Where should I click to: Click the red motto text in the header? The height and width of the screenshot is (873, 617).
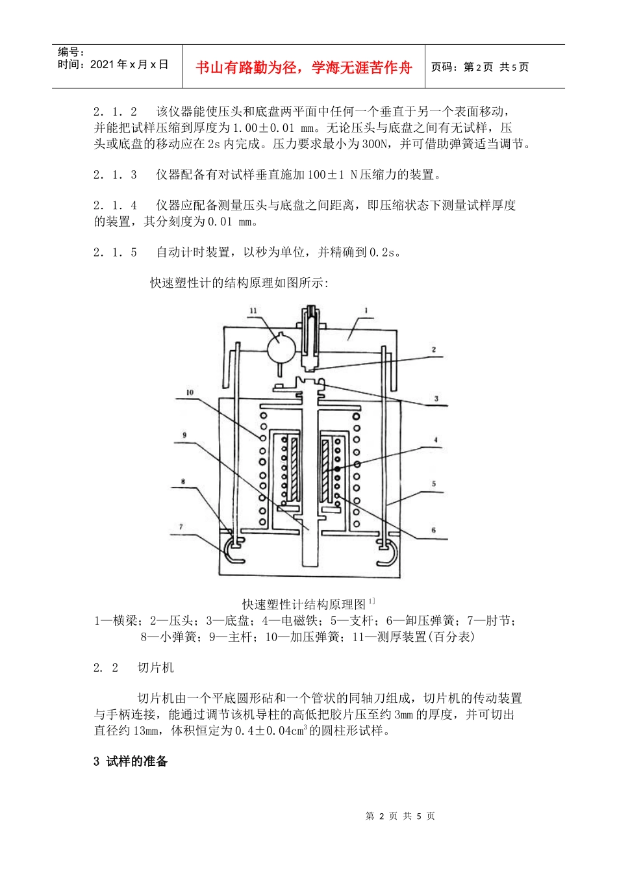tap(304, 68)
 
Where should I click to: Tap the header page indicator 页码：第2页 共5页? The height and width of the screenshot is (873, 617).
tap(480, 68)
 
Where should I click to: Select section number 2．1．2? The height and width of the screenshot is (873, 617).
tap(116, 112)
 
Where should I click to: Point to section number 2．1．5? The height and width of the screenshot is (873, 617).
tap(116, 252)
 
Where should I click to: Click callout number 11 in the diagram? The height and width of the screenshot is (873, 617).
tap(253, 311)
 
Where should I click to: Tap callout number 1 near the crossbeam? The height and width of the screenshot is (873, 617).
tap(366, 311)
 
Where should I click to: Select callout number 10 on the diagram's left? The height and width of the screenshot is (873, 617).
tap(190, 392)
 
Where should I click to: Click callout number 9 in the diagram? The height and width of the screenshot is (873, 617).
tap(184, 435)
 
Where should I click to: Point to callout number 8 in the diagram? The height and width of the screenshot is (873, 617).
tap(183, 482)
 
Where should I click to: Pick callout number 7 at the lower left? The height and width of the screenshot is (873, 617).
tap(181, 527)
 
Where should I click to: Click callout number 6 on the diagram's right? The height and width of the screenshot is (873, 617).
tap(434, 531)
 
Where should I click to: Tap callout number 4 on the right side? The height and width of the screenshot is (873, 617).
tap(436, 440)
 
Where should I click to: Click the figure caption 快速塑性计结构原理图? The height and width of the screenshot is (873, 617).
tap(305, 605)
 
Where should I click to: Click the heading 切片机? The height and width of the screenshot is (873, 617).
tap(156, 668)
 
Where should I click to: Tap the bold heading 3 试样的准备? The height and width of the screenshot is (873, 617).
tap(131, 762)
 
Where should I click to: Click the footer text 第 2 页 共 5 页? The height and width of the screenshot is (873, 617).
tap(400, 816)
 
